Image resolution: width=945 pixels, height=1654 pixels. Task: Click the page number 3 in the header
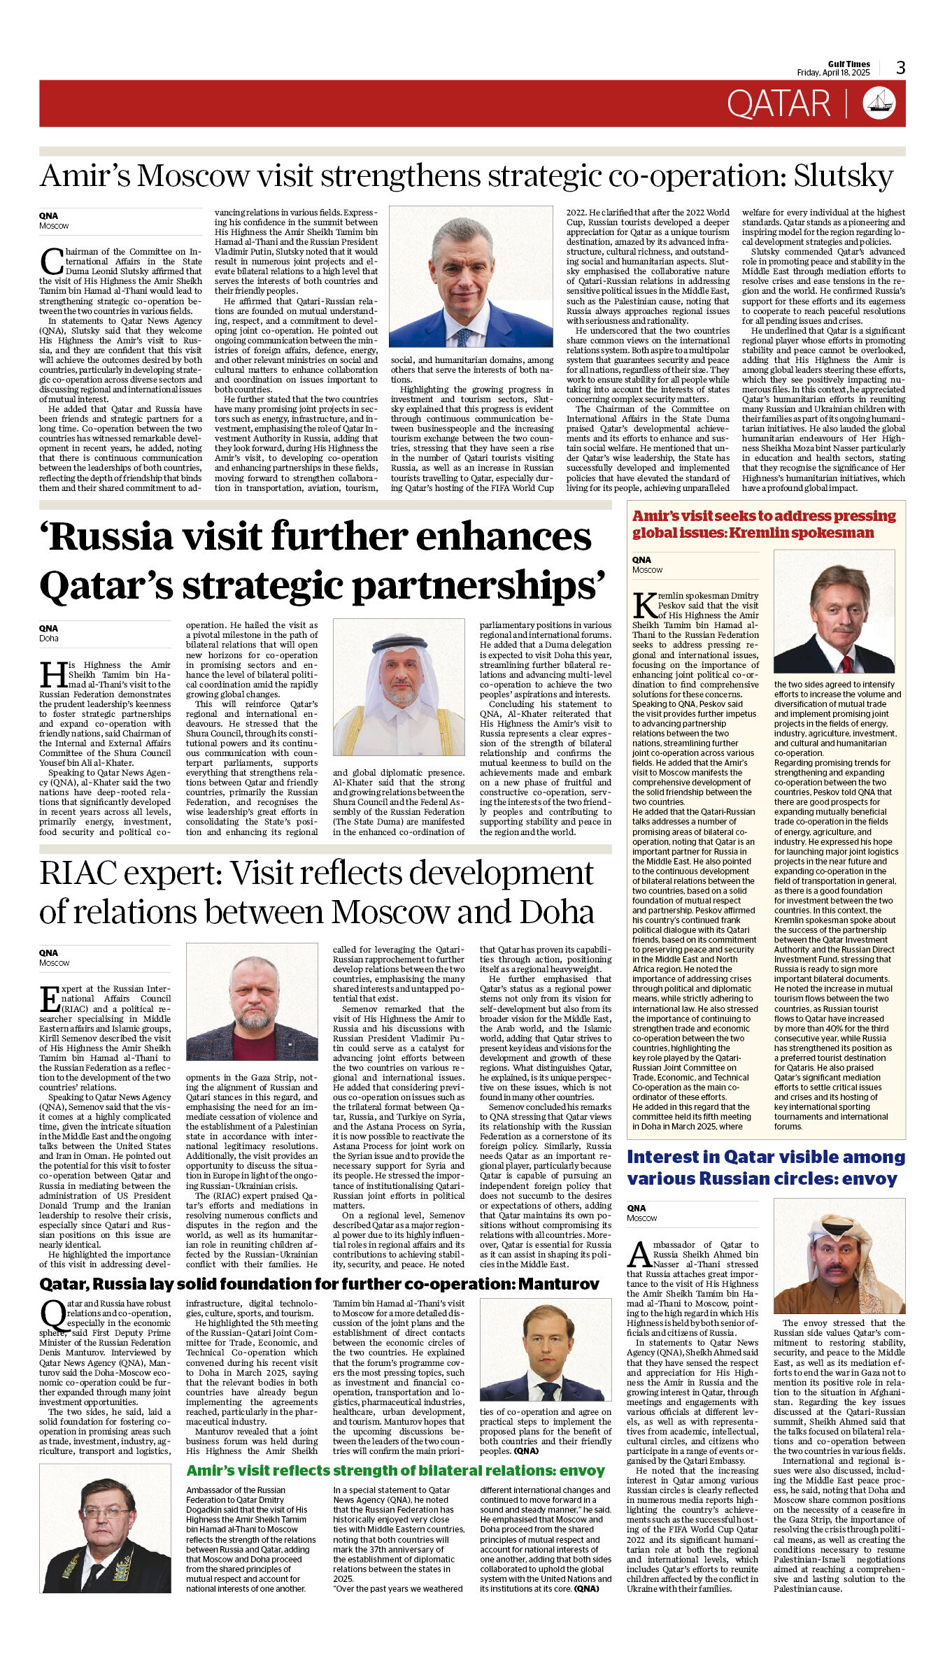[900, 68]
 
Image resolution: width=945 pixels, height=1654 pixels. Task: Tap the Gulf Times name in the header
[848, 64]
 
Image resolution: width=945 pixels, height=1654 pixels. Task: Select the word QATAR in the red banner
[778, 104]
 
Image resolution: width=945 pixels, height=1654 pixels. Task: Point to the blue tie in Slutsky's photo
[463, 337]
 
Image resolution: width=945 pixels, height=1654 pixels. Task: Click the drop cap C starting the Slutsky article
[51, 261]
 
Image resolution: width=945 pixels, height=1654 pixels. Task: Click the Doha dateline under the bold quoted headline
[49, 639]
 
